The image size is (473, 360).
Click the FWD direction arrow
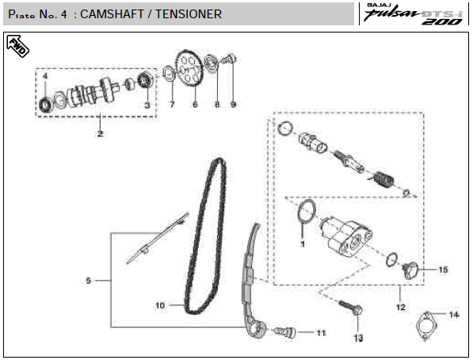coord(17,46)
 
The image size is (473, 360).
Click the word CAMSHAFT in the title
coord(112,14)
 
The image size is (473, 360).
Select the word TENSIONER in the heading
coord(189,14)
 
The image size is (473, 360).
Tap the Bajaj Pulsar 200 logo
coord(414,14)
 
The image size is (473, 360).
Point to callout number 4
coord(45,76)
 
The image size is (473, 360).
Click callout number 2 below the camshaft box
coord(100,133)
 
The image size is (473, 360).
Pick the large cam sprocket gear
coord(189,68)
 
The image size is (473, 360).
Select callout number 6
coord(195,105)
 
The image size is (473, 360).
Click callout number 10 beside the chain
coord(160,305)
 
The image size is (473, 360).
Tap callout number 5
coord(89,281)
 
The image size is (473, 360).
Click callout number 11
coord(321,333)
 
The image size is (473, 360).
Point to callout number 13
coord(358,338)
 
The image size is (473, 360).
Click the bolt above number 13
coord(351,308)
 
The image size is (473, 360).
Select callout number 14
coord(454,315)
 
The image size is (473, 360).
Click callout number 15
coord(443,270)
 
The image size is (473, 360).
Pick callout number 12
coord(401,307)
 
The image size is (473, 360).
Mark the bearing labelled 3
coord(146,80)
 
